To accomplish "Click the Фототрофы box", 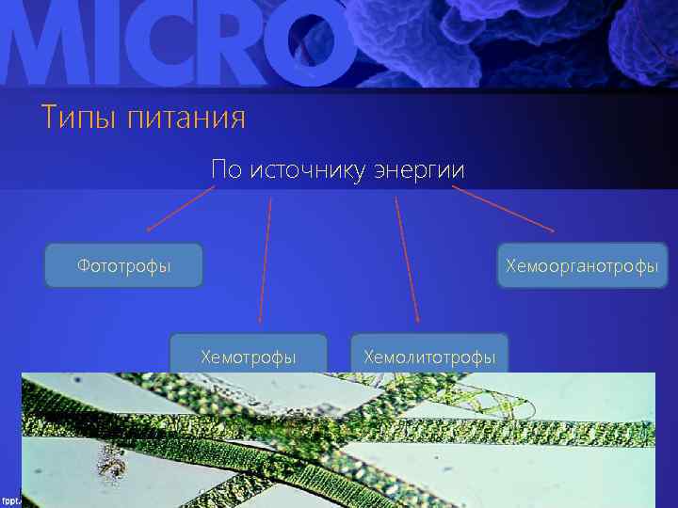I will [x=124, y=265].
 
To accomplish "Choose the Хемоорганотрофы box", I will [x=581, y=266].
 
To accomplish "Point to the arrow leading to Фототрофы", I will [x=180, y=208].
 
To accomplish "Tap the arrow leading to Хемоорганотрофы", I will [x=503, y=208].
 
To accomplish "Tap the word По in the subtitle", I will [x=226, y=170].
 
